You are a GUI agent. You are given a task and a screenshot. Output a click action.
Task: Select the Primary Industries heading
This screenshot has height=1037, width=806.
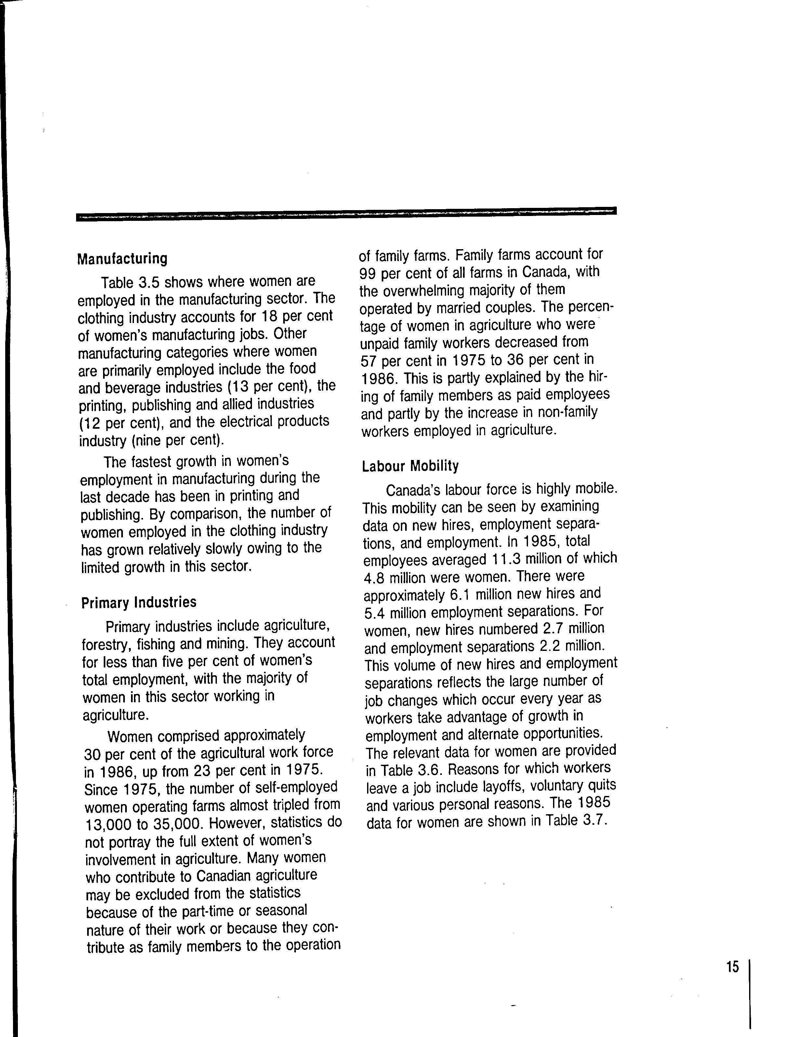click(139, 602)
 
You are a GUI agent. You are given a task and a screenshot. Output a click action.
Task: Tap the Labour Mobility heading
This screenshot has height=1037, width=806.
click(410, 466)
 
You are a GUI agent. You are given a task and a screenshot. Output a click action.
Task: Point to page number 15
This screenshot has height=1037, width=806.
click(733, 967)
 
